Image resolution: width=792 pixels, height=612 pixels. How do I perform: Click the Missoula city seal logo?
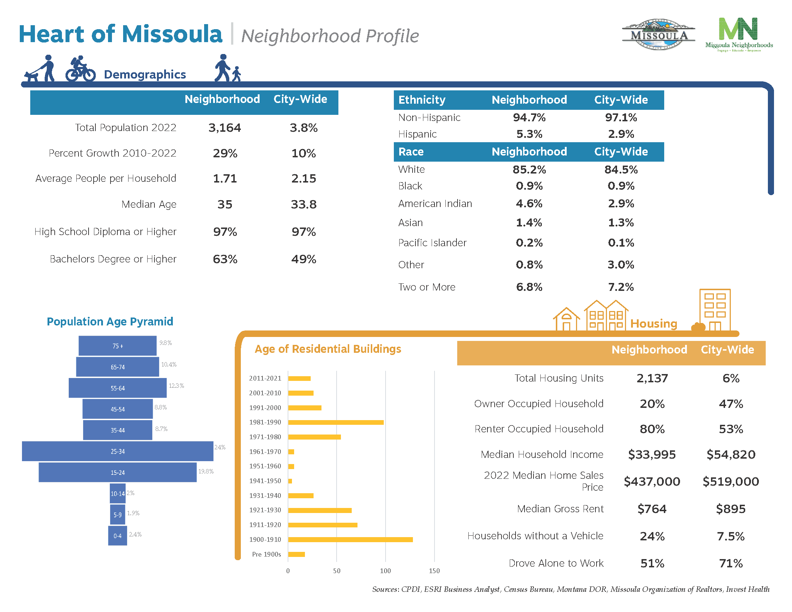click(x=658, y=35)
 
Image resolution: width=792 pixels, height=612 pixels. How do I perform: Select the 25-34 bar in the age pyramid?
click(x=117, y=451)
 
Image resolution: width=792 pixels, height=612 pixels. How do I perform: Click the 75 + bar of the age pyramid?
click(x=117, y=346)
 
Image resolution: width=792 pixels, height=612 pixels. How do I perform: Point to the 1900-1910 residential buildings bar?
click(x=350, y=540)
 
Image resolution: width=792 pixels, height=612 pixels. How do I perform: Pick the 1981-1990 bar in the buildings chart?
click(x=336, y=422)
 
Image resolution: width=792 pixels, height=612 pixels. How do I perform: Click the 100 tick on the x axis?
click(x=385, y=571)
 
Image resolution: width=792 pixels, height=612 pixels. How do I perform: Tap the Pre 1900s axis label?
click(x=266, y=554)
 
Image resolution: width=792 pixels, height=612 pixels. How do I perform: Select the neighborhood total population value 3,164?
click(x=225, y=128)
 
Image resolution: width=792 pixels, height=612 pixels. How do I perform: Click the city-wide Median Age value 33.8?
click(x=303, y=204)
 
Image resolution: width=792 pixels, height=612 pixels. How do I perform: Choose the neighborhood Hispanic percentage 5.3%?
click(x=529, y=134)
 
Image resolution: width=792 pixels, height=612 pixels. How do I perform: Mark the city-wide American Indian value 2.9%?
click(x=621, y=203)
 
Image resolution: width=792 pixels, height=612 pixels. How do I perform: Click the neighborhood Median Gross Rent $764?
click(x=652, y=509)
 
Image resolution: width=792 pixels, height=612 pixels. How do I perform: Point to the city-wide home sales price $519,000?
click(x=730, y=481)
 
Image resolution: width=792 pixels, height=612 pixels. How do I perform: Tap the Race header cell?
click(x=411, y=152)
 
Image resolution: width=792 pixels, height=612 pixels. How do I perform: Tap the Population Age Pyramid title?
click(x=110, y=321)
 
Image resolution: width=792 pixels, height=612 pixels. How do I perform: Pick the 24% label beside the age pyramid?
click(x=220, y=447)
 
